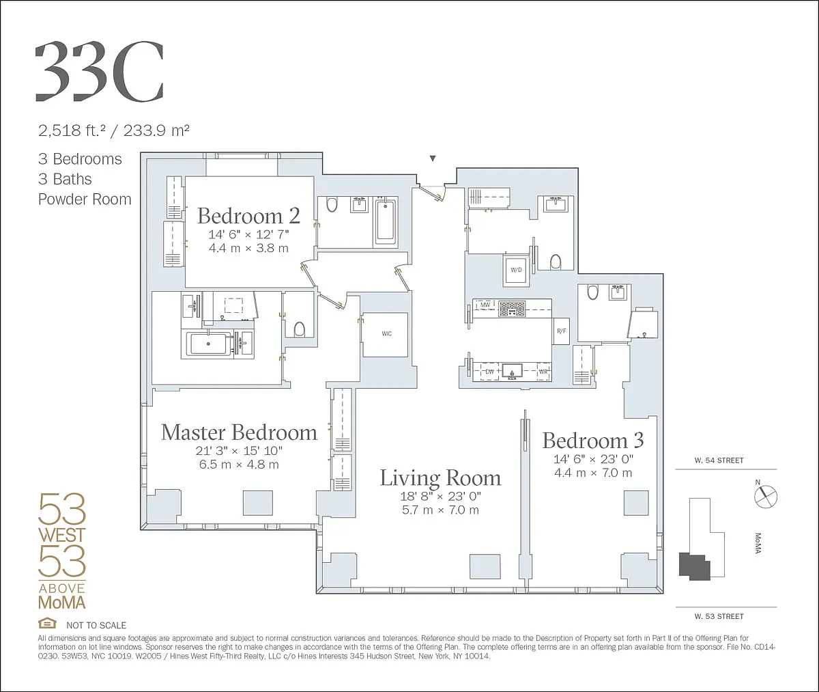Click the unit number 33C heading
[99, 72]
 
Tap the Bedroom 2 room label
[248, 216]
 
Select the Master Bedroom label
[239, 432]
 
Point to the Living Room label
[440, 478]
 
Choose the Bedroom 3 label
[593, 441]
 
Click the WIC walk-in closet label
[386, 334]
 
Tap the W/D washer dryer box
[517, 271]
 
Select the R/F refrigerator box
[561, 331]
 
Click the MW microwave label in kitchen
[485, 305]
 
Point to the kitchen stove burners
[512, 309]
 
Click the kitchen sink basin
[512, 370]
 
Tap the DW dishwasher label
[489, 372]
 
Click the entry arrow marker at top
[432, 158]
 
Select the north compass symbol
[765, 496]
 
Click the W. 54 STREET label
[719, 460]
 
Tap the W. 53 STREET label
[719, 616]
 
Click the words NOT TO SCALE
[96, 625]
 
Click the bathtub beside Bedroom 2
[386, 223]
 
